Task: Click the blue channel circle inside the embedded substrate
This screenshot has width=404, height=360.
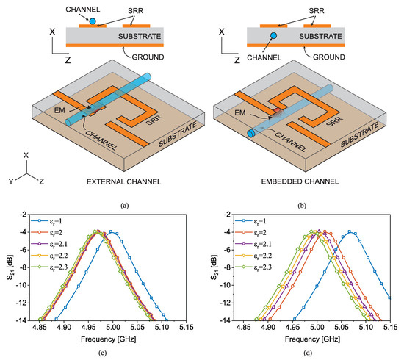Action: tap(273, 35)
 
